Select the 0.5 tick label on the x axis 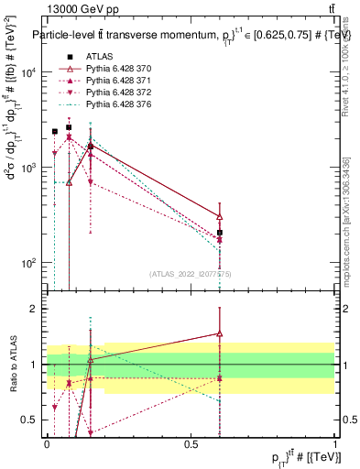coord(191,442)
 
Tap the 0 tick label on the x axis coord(47,442)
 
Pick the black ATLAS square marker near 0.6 coord(220,233)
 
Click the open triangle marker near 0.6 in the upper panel coord(220,216)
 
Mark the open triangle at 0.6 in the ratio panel coord(220,333)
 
